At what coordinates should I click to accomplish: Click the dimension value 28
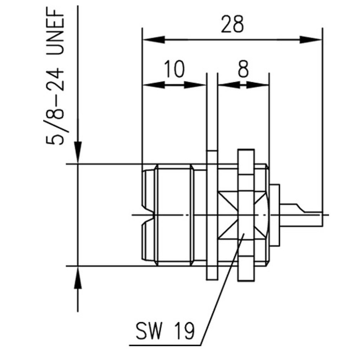pos(232,24)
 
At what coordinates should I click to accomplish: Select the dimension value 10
pos(175,69)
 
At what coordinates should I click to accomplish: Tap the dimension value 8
pos(243,69)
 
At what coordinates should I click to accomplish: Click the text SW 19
pos(165,331)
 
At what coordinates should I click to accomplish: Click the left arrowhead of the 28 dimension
pos(153,40)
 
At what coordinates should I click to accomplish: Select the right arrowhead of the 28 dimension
pos(311,40)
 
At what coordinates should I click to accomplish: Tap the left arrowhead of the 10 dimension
pos(153,85)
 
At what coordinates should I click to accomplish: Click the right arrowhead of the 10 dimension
pos(195,85)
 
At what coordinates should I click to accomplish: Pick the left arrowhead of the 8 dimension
pos(229,85)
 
